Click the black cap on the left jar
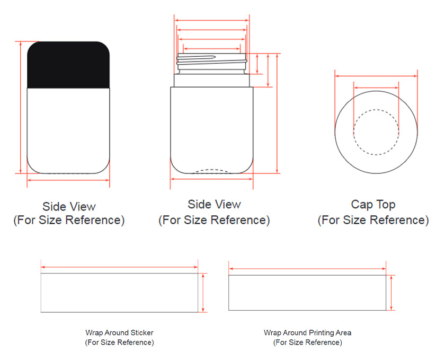pos(68,65)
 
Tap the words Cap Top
pos(373,205)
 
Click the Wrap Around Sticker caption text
pos(120,337)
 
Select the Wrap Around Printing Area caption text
pos(308,337)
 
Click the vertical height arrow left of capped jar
pos(21,107)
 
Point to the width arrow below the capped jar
pos(68,180)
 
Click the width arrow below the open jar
pos(212,179)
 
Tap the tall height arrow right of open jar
pos(277,113)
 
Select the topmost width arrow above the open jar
pos(212,21)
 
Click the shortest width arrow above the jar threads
pos(212,49)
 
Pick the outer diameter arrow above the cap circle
pos(376,76)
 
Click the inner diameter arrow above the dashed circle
pos(376,88)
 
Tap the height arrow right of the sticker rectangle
pos(203,293)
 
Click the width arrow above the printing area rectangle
pos(307,269)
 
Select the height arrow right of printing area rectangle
pos(391,293)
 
